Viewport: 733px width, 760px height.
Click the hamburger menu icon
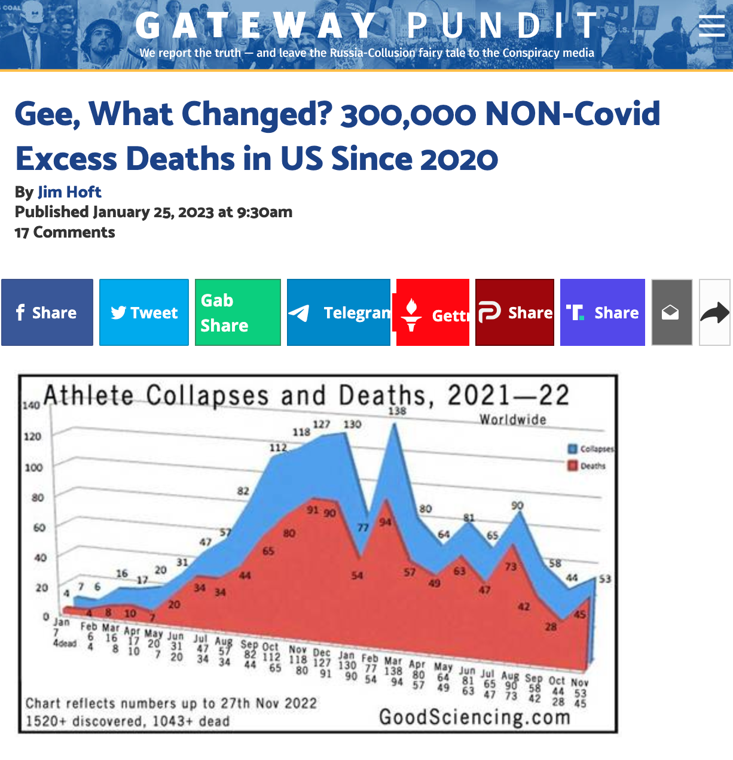coord(711,26)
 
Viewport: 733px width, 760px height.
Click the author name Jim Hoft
coord(69,192)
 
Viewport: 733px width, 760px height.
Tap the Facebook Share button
coord(47,312)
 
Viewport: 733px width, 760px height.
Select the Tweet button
coord(144,312)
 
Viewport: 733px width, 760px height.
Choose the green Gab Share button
coord(237,312)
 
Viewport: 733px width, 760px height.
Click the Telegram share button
coord(338,312)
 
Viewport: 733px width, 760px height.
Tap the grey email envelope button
coord(671,312)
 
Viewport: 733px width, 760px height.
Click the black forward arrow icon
coord(714,312)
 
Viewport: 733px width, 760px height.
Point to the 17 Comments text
coord(65,232)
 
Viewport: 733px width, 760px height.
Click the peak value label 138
coord(397,411)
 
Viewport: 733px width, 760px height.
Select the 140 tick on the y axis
coord(32,405)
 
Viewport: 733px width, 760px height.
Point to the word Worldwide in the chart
coord(513,420)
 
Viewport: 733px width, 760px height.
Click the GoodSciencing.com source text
coord(475,716)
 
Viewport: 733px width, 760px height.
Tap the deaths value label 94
coord(385,522)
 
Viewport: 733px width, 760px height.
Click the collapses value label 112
coord(278,448)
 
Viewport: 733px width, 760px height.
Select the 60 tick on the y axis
coord(38,528)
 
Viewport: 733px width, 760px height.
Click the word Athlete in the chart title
coord(89,396)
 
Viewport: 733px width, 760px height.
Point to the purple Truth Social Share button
coord(603,312)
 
